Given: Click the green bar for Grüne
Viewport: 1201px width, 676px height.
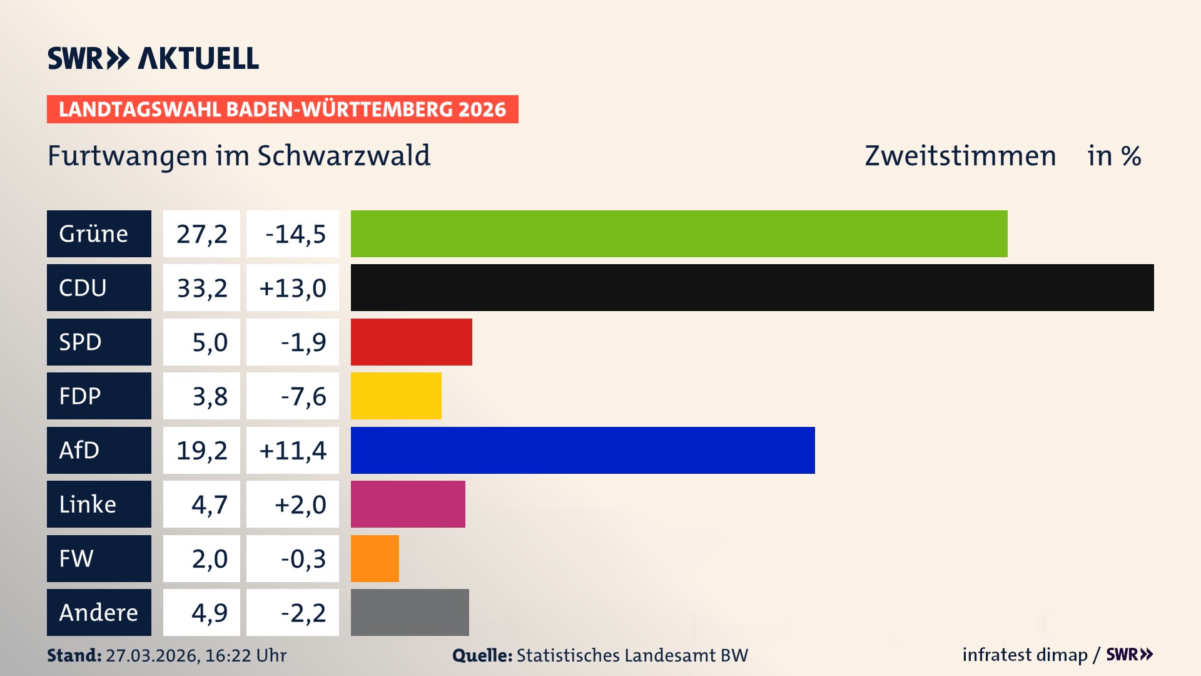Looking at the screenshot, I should click(679, 233).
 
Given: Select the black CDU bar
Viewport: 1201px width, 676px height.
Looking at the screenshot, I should click(752, 288).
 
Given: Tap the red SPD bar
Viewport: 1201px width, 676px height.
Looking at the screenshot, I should click(411, 342).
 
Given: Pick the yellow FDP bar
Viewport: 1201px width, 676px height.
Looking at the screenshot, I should click(396, 396).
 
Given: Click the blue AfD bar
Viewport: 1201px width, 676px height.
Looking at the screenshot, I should click(582, 450).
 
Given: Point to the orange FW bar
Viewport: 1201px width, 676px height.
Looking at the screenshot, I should click(375, 558).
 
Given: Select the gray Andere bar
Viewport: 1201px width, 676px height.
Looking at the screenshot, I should click(410, 612).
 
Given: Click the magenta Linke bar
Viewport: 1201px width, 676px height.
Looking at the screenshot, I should click(408, 504).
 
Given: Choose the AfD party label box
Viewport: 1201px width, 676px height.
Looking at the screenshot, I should click(99, 450).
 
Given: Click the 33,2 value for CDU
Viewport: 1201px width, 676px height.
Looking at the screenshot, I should click(201, 288).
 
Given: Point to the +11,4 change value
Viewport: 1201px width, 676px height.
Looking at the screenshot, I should click(293, 450).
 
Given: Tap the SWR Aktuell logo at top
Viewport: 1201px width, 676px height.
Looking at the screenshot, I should click(153, 58).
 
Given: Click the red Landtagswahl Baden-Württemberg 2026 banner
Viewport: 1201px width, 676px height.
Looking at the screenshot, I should click(282, 110).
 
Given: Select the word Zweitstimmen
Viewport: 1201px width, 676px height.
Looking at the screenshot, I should click(960, 156).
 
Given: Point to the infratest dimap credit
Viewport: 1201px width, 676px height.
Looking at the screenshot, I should click(1025, 655).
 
